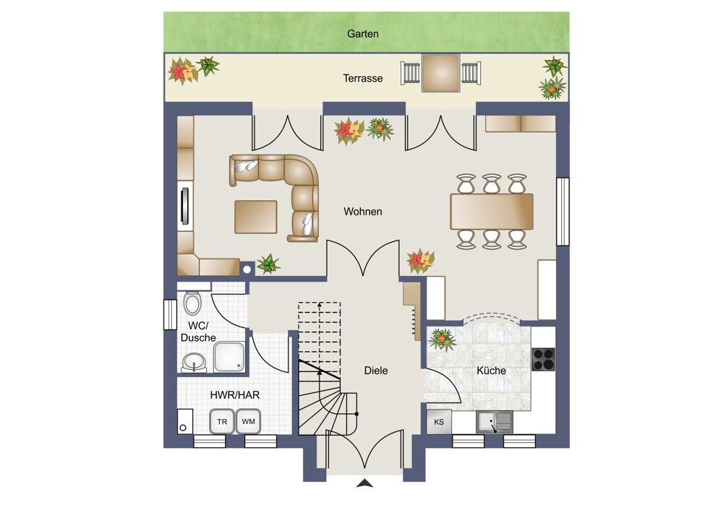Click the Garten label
(363, 34)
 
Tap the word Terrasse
(363, 78)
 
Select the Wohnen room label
(363, 212)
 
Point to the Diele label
(376, 371)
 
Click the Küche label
(492, 371)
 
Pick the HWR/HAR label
(235, 395)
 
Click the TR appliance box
(222, 421)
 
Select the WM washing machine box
(249, 421)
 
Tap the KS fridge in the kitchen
(439, 422)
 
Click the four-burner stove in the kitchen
(544, 359)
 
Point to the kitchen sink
(495, 422)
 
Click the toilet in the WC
(192, 303)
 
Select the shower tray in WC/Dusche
(229, 357)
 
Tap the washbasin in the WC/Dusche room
(194, 362)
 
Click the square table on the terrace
(441, 73)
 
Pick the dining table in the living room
(492, 212)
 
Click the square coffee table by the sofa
(256, 217)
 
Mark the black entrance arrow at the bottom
(364, 483)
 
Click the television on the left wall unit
(185, 206)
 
